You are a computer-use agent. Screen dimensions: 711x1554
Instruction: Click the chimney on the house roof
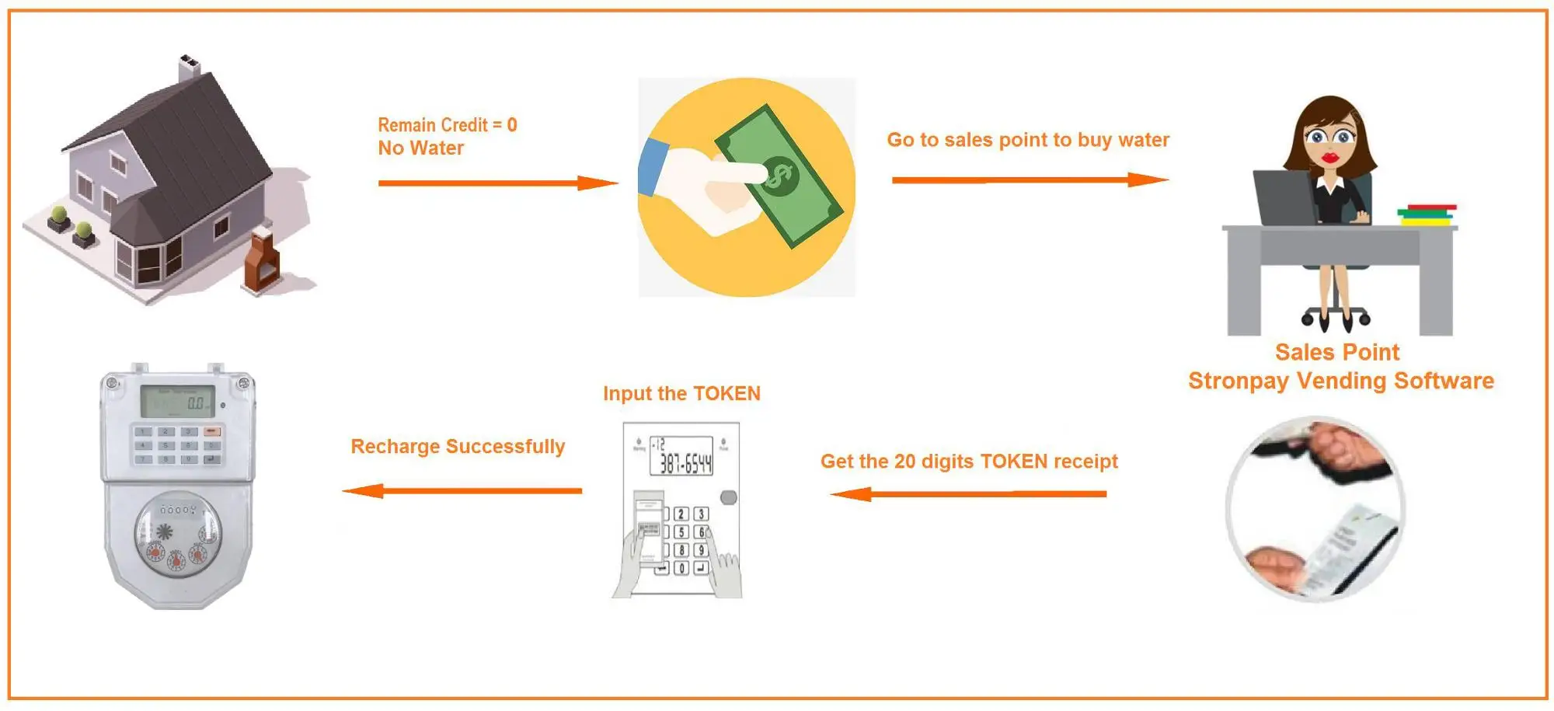[x=189, y=68]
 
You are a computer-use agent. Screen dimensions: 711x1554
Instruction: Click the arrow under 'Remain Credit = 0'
[x=497, y=183]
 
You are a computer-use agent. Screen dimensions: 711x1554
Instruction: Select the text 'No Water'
[x=420, y=148]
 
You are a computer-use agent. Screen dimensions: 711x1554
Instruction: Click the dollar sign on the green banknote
[x=778, y=176]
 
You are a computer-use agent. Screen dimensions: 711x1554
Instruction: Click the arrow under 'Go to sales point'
[x=1030, y=180]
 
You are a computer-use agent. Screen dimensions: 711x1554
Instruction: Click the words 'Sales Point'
[x=1336, y=353]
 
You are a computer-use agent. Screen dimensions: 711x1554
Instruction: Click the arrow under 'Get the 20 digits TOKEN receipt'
[x=968, y=494]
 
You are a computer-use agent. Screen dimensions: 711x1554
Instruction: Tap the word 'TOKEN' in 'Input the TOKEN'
[x=726, y=394]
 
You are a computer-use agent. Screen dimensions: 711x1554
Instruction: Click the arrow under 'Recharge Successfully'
[x=462, y=491]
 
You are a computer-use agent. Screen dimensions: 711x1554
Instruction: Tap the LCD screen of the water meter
[x=178, y=402]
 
